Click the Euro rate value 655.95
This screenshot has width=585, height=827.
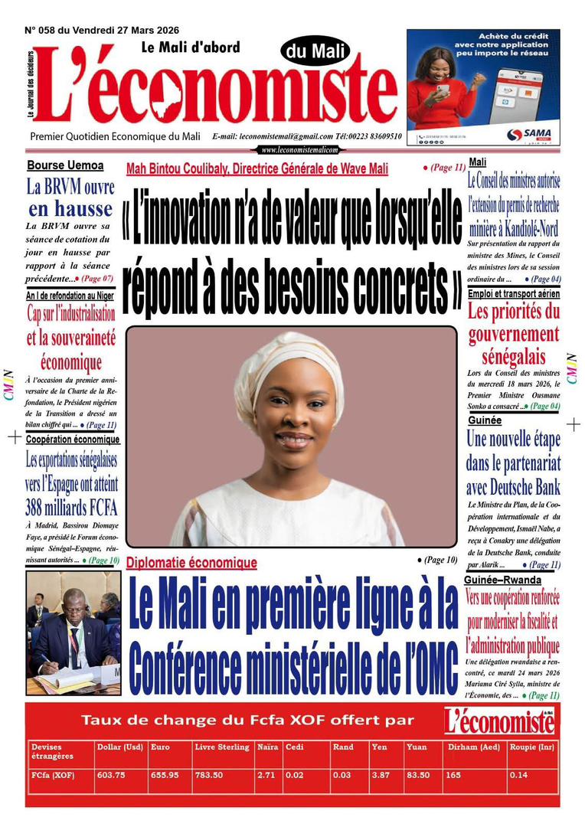tap(165, 775)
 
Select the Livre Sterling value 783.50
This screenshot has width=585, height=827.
tap(208, 775)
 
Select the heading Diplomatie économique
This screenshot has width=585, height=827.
tap(191, 563)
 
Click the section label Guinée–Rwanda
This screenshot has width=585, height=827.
tap(503, 580)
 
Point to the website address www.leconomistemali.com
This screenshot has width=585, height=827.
tap(299, 150)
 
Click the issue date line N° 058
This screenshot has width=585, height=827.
tap(102, 30)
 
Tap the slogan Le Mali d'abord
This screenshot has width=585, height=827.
tap(191, 47)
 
